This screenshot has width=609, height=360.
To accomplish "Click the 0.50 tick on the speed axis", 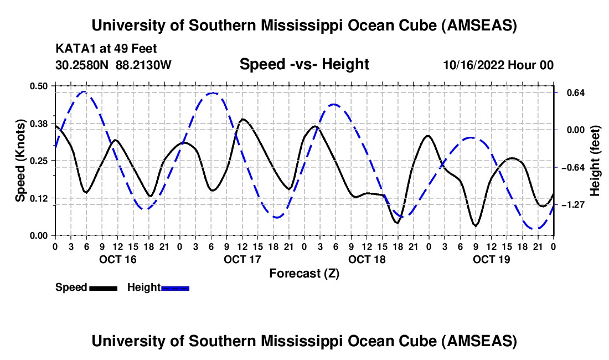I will tap(43, 85).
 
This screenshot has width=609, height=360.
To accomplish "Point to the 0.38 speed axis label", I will tap(43, 123).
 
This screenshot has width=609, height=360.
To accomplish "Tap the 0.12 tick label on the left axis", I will tap(43, 198).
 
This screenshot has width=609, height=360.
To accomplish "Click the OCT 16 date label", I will tap(117, 259).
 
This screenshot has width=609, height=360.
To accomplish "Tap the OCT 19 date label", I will tap(491, 259).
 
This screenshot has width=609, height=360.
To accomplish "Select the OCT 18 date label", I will tap(367, 259).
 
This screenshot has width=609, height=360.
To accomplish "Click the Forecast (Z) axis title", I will tap(304, 273).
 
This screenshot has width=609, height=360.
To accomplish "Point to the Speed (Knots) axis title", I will tap(20, 160).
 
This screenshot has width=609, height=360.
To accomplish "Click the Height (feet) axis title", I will tap(595, 161).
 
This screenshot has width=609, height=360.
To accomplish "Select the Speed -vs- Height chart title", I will tap(304, 65).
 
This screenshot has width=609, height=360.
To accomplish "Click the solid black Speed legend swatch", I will tap(103, 288).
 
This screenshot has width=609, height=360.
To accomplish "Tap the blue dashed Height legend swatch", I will tap(175, 288).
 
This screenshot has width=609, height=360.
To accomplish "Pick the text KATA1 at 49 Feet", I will tap(99, 49).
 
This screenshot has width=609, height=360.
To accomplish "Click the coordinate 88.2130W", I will tap(143, 65).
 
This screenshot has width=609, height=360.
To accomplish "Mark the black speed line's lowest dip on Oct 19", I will tap(476, 226).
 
